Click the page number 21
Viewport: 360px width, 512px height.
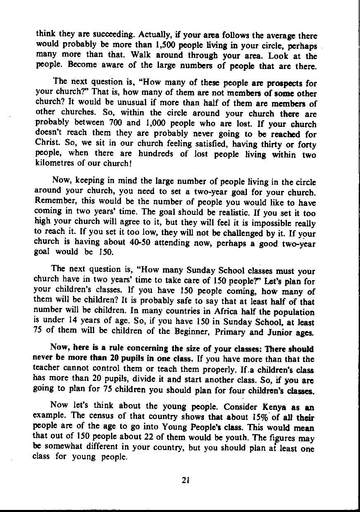pos(185,480)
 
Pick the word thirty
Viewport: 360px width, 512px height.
pos(282,145)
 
